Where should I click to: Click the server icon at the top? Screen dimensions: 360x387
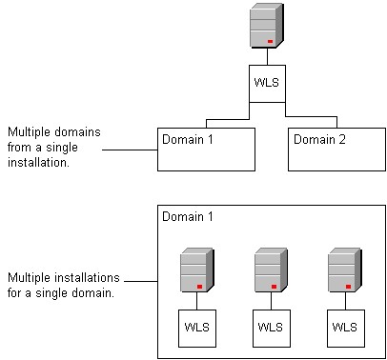(266, 26)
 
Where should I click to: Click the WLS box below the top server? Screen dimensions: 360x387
(266, 81)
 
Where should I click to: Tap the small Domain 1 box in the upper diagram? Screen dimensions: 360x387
(206, 149)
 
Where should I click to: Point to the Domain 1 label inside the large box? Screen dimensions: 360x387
(187, 217)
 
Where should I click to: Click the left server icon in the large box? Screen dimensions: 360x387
(194, 270)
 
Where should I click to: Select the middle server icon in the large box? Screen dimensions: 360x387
(269, 270)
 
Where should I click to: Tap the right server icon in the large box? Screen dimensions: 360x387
(341, 270)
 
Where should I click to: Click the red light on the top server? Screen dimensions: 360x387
(271, 42)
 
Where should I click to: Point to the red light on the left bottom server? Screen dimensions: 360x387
(199, 287)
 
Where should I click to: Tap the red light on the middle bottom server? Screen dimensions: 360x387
(274, 287)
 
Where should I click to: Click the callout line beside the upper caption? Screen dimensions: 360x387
(129, 150)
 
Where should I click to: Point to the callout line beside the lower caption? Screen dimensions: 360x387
(139, 281)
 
